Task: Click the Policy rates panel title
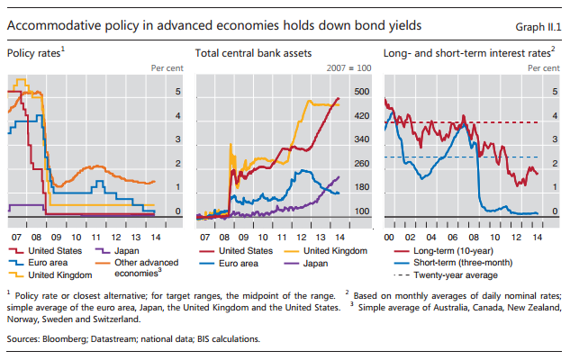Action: coord(37,54)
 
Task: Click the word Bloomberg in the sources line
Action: coord(69,339)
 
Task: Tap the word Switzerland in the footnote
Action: coord(117,319)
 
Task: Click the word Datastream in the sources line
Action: coord(123,339)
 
